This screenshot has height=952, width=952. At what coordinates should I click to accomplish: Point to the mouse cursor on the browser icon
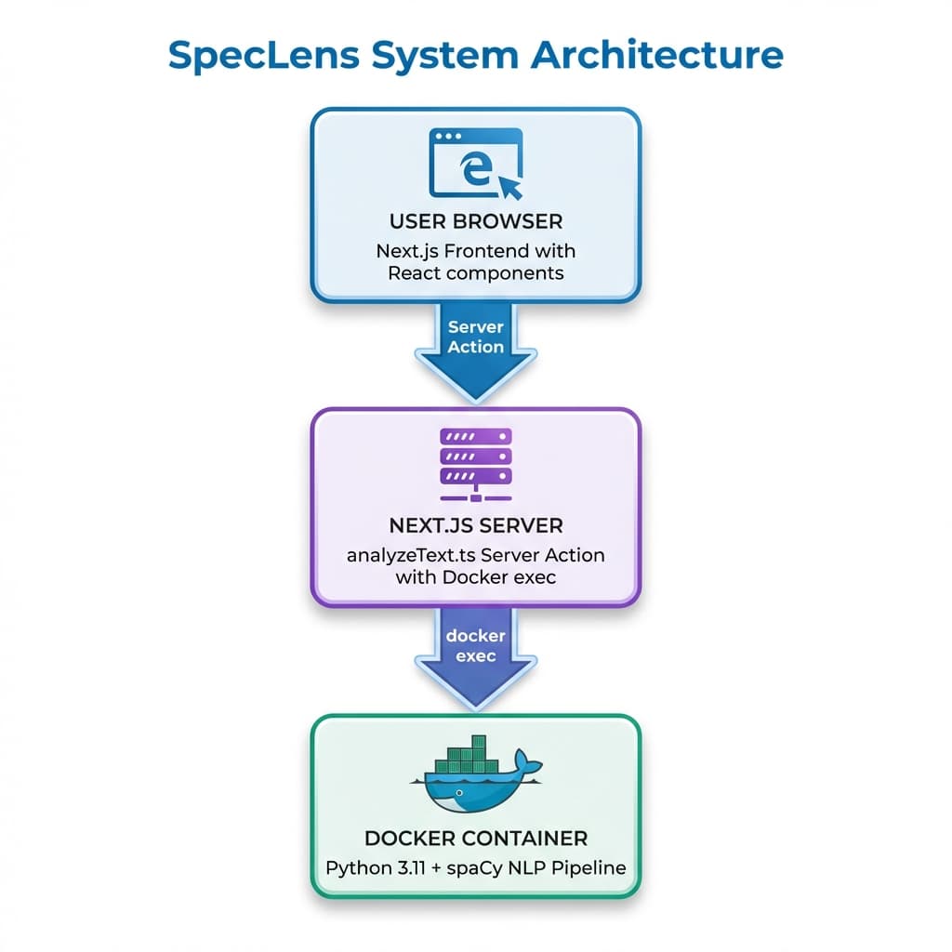(511, 186)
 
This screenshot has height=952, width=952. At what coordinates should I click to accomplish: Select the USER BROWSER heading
(475, 222)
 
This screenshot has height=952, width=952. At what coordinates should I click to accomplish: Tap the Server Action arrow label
(475, 337)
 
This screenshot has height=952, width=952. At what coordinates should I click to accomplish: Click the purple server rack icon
(475, 463)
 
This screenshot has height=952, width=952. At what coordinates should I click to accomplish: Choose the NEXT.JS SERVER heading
(475, 526)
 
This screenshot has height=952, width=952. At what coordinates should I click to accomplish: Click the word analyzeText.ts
(411, 555)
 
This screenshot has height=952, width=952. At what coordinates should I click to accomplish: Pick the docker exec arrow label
(475, 645)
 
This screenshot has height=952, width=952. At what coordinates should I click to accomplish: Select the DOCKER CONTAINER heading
(475, 838)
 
